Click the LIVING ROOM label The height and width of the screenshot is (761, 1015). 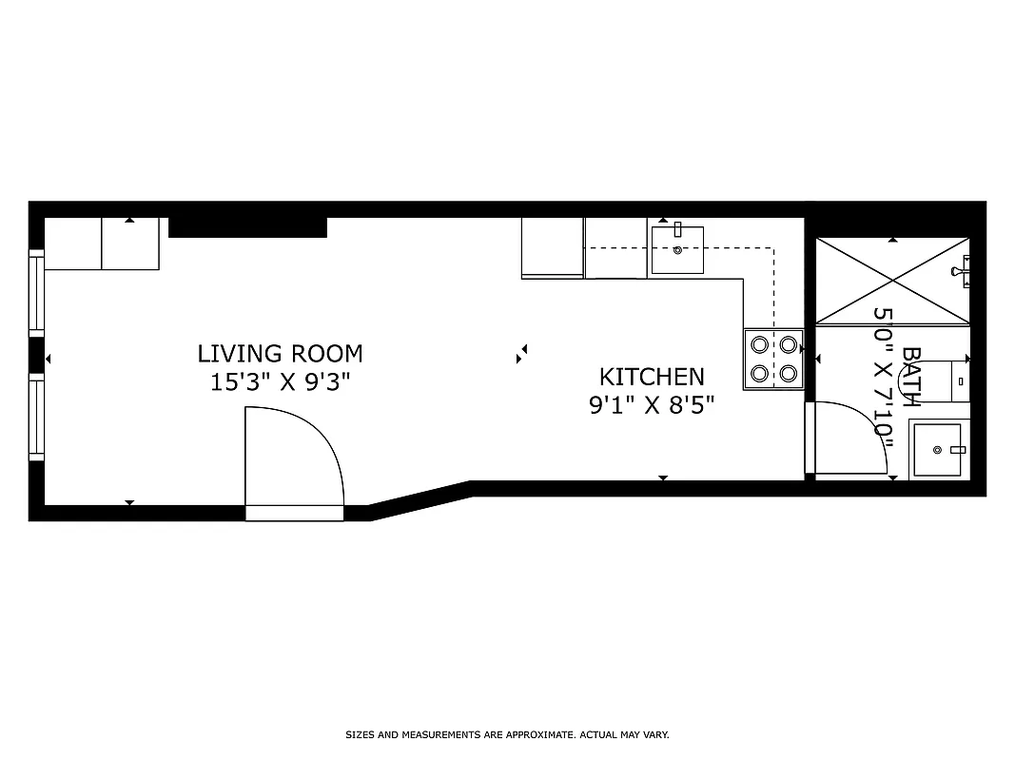(x=280, y=354)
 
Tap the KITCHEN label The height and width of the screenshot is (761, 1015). (x=652, y=377)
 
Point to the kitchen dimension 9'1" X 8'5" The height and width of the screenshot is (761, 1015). (x=652, y=405)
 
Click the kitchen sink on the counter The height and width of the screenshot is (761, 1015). (x=677, y=250)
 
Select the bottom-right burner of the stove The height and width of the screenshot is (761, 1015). (x=789, y=373)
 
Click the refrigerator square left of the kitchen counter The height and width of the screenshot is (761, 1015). (x=553, y=247)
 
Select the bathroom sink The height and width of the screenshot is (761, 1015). (x=939, y=449)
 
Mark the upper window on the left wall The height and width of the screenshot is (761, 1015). (x=36, y=293)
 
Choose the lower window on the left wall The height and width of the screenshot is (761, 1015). (x=36, y=418)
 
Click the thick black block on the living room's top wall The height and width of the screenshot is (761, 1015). (x=247, y=227)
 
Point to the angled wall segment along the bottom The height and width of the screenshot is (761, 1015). (x=420, y=500)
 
